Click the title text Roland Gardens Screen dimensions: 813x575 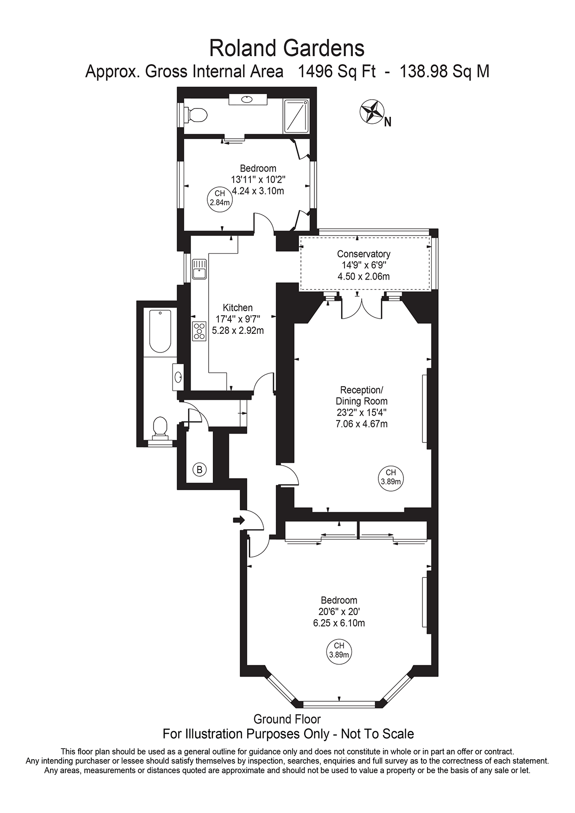pos(287,48)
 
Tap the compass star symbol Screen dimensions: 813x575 pos(372,112)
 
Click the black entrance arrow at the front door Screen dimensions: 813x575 pos(239,520)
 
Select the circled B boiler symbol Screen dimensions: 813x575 pos(199,469)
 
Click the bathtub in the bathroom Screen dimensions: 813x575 pos(160,331)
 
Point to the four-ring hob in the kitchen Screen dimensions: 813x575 pos(199,331)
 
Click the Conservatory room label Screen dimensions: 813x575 pos(363,254)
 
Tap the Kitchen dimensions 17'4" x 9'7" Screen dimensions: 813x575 pos(238,319)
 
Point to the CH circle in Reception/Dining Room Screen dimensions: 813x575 pos(390,477)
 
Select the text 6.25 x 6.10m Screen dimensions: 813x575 pos(339,623)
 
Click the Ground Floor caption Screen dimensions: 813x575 pos(287,719)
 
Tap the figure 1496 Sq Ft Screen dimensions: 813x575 pos(336,71)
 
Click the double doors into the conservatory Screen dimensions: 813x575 pos(361,307)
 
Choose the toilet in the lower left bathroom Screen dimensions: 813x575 pos(160,427)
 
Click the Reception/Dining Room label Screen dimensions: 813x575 pos(361,395)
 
